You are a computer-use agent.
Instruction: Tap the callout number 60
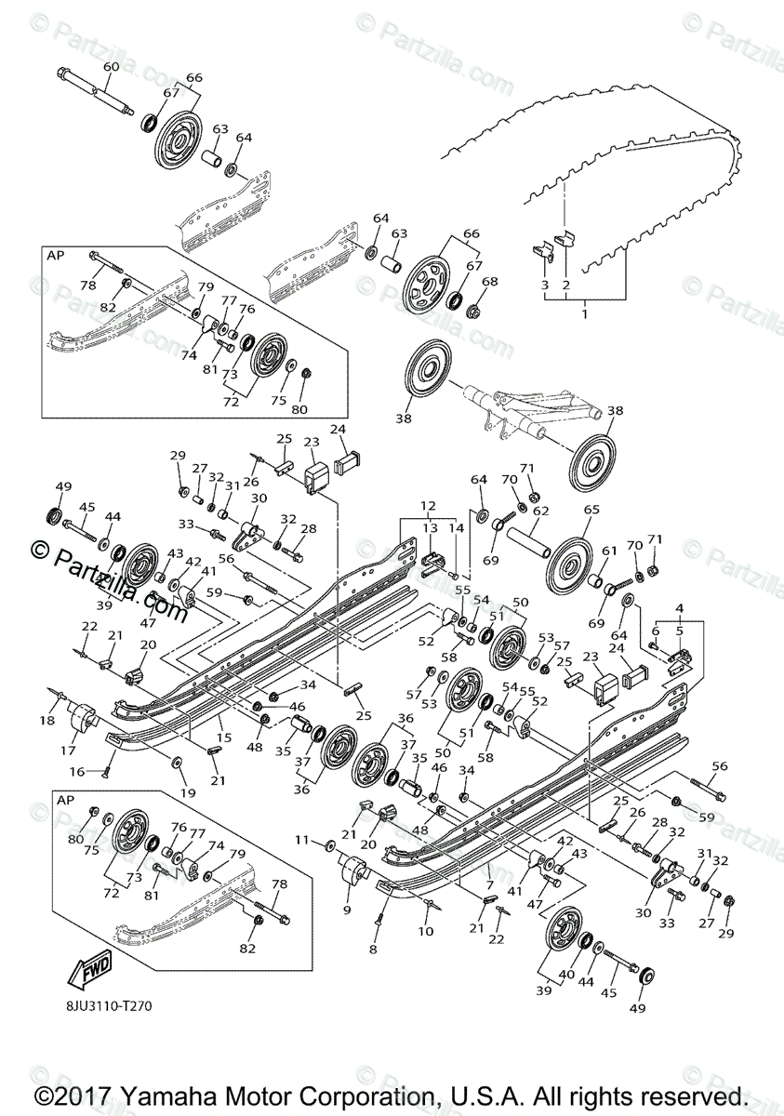[111, 66]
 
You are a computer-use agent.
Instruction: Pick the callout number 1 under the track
[584, 315]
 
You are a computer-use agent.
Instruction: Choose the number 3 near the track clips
[545, 285]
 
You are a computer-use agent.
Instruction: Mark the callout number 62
[541, 510]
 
